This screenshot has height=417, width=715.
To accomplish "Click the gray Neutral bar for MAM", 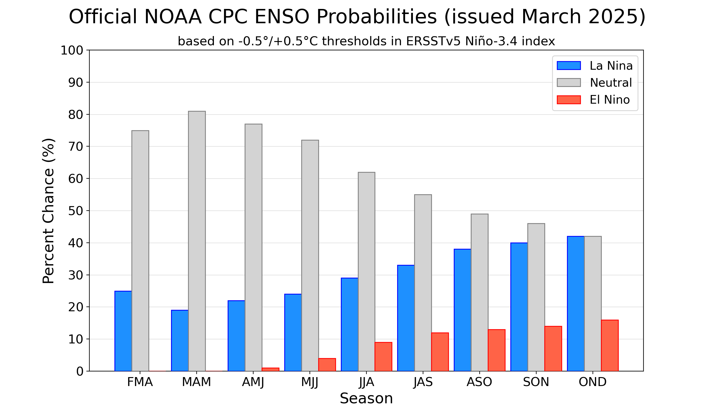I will click(197, 241).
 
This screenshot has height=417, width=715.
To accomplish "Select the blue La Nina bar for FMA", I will click(123, 331).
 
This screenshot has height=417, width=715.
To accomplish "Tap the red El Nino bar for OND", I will click(610, 346).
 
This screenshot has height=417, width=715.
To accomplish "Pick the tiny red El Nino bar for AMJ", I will click(270, 369).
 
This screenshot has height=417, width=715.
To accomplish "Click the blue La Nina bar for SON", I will click(519, 307).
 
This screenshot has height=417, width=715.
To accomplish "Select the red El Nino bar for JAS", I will click(440, 352).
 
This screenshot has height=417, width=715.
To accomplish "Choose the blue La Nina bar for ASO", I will click(462, 310).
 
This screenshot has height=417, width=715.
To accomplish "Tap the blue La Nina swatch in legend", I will click(568, 66).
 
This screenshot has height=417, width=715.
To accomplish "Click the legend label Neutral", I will click(611, 83).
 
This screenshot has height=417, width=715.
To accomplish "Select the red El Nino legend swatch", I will click(568, 100).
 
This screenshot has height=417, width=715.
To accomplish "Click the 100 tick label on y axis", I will click(72, 50).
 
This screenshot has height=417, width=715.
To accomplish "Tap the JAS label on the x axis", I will click(423, 382).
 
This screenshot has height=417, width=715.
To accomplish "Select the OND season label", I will click(593, 382).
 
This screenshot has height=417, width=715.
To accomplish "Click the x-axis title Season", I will click(366, 399).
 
